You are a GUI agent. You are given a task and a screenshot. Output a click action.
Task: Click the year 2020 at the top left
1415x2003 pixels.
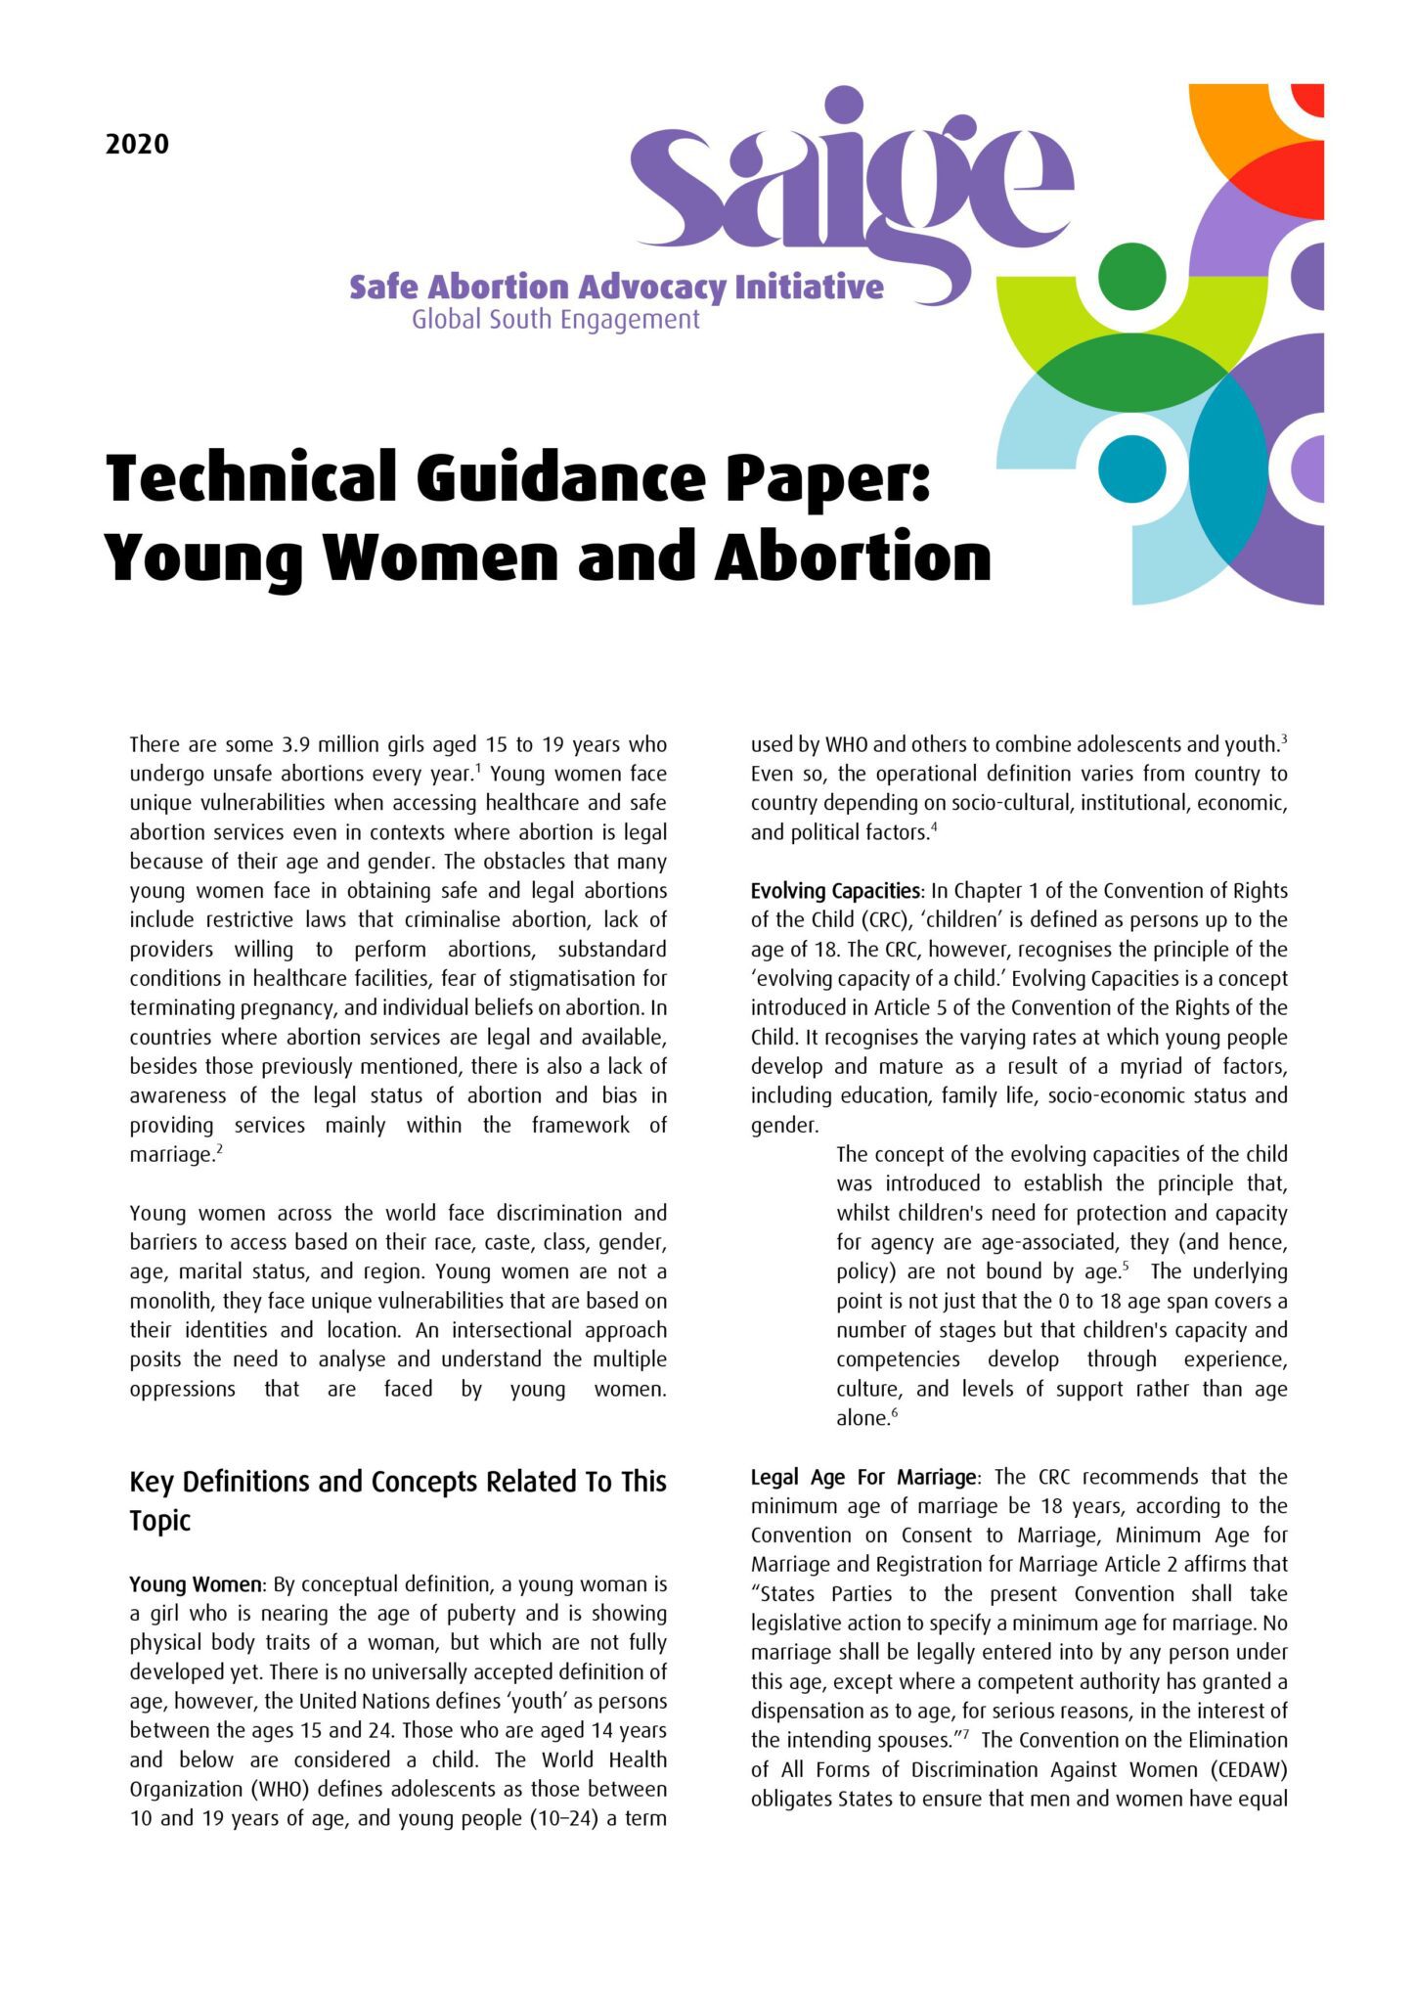pos(137,145)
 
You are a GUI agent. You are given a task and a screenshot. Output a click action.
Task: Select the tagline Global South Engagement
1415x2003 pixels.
pos(555,320)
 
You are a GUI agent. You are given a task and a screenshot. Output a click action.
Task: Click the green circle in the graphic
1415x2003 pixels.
pos(1131,276)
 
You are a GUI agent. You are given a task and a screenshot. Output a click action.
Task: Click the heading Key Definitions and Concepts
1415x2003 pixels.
pos(397,1482)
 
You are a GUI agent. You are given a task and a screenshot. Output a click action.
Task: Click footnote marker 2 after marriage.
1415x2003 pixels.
pos(220,1149)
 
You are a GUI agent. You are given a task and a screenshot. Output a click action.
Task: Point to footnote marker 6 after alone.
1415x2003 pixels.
pos(894,1413)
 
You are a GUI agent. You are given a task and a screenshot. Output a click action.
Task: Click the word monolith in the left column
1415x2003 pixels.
pos(172,1301)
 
